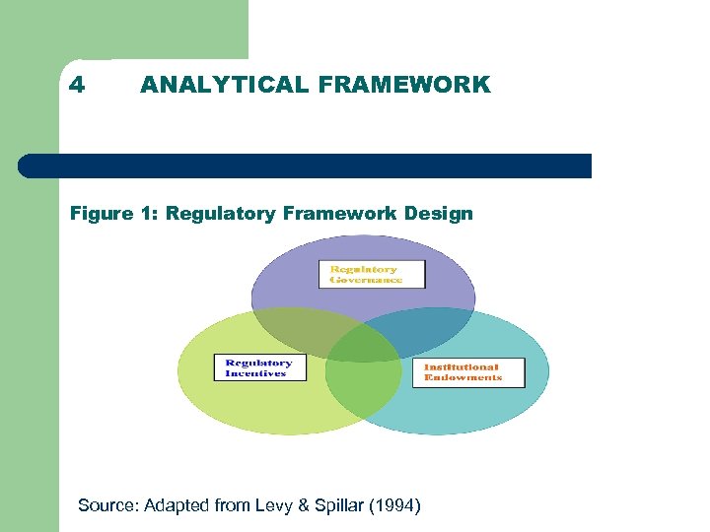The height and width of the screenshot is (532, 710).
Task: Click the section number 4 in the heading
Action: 77,85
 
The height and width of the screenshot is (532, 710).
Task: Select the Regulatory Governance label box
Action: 372,274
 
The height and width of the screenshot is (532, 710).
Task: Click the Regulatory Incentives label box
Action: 260,367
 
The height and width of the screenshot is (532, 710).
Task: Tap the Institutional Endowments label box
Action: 467,372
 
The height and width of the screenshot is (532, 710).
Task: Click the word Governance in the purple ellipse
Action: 367,280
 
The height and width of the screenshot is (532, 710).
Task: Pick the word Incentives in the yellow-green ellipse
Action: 255,373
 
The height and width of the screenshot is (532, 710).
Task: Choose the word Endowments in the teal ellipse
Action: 463,377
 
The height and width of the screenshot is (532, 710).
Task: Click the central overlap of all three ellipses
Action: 363,344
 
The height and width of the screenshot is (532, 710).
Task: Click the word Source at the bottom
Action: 106,505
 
